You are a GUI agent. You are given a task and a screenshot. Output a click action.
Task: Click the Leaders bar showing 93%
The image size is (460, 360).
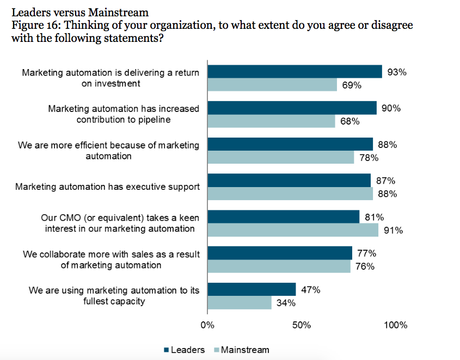(295, 72)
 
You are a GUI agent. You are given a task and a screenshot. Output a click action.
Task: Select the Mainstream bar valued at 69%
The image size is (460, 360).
(272, 85)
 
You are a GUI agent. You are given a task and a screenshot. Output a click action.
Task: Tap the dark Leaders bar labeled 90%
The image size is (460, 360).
(292, 108)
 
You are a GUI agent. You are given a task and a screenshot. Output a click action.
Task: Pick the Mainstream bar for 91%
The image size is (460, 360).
(293, 230)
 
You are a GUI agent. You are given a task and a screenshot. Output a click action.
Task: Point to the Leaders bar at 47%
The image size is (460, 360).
(252, 289)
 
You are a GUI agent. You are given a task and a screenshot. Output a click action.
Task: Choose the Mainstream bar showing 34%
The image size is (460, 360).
(240, 302)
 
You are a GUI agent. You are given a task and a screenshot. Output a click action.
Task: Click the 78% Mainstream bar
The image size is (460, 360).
(281, 158)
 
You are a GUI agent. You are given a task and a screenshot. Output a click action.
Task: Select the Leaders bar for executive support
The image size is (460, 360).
(289, 181)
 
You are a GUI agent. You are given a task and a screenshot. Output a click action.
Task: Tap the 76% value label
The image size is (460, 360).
(365, 266)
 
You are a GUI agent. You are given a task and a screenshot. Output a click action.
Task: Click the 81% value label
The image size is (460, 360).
(375, 217)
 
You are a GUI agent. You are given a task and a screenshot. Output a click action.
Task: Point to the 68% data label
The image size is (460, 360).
(350, 121)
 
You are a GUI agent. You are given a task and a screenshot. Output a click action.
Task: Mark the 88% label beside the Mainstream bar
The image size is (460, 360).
(388, 194)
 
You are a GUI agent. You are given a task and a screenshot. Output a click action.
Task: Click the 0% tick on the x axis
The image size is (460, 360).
(207, 326)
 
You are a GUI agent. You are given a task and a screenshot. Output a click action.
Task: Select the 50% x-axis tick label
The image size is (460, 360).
(301, 326)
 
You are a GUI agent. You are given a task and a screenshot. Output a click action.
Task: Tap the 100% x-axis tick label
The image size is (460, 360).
(395, 326)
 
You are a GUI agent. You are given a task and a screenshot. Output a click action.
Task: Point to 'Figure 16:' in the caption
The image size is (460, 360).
(35, 25)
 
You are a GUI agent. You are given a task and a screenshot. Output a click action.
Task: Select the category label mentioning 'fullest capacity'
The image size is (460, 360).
(114, 295)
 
